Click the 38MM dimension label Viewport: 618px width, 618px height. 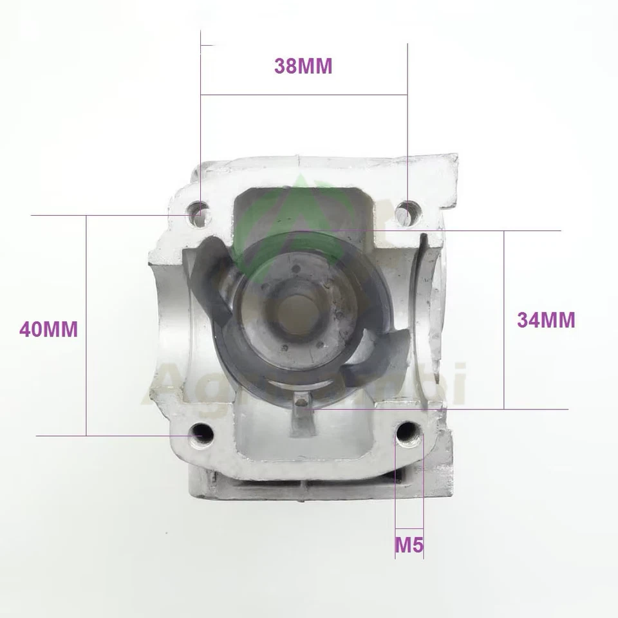303,66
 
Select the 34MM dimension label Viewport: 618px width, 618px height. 546,320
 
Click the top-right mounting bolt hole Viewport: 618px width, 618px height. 407,210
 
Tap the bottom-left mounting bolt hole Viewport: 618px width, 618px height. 202,436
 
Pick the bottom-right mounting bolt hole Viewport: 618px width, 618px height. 407,435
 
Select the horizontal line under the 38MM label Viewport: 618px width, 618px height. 303,95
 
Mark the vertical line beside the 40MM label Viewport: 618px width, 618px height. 86,326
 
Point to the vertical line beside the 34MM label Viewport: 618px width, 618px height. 503,320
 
